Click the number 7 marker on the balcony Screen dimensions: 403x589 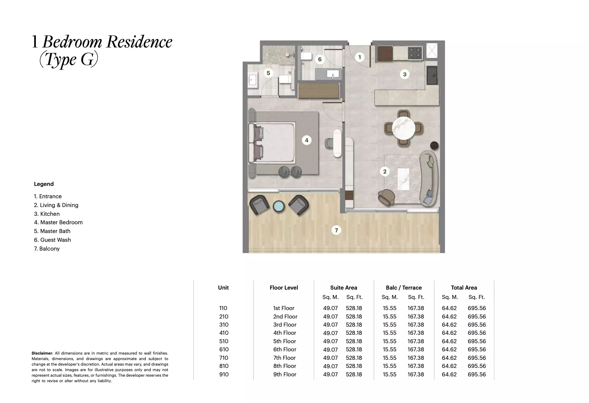[x=336, y=230]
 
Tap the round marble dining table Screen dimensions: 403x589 [x=404, y=128]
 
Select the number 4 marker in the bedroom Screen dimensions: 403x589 [x=307, y=140]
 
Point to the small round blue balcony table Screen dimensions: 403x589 [x=279, y=206]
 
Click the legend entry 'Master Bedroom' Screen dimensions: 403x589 [x=58, y=222]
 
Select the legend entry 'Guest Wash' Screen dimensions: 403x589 [x=52, y=240]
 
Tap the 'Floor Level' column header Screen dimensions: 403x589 [x=284, y=288]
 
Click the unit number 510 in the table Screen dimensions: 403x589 [x=224, y=341]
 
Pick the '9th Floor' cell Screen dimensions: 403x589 [x=285, y=374]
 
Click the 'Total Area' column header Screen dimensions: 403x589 [x=464, y=288]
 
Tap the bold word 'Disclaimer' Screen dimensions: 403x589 [x=42, y=353]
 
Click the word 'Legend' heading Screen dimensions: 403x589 [x=44, y=184]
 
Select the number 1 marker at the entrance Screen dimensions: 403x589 [x=359, y=57]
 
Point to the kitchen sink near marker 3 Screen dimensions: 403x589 [x=432, y=75]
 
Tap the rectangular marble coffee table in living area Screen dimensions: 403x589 [x=403, y=179]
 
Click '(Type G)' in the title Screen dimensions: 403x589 [x=68, y=59]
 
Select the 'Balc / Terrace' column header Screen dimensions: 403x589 [x=404, y=288]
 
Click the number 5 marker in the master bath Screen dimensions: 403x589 [x=268, y=73]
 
